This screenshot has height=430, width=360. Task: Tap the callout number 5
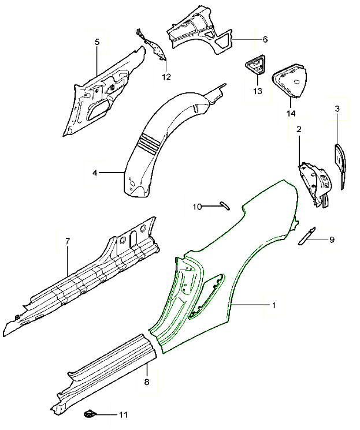pos(97,42)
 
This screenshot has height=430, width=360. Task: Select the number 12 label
pos(166,77)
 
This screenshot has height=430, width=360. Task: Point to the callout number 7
pos(68,240)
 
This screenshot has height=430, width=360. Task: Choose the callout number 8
pos(147,382)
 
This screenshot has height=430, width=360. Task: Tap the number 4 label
pos(95,172)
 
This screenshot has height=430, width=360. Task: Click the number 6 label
pos(265,40)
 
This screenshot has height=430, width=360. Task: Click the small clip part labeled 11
pos(90,413)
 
